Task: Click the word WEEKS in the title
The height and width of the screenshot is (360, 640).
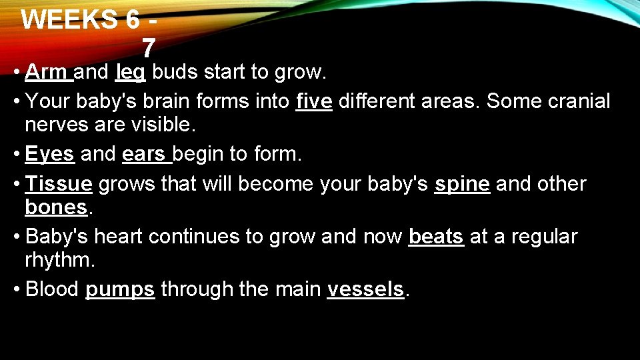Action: click(x=69, y=20)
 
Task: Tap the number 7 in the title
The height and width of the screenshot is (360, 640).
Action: click(x=148, y=48)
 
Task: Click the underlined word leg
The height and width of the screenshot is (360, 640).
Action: click(x=130, y=72)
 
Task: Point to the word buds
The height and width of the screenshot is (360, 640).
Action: click(x=175, y=71)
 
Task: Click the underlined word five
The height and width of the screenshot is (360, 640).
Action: click(x=313, y=101)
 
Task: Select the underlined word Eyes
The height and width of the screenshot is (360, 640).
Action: click(x=49, y=155)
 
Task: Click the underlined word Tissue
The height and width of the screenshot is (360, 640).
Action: click(x=58, y=184)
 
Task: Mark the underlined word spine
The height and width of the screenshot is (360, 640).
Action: click(x=462, y=184)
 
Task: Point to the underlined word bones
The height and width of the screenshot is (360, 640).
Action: click(x=56, y=207)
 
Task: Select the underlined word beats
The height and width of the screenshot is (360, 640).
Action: click(x=436, y=237)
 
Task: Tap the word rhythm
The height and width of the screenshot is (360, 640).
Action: click(x=60, y=260)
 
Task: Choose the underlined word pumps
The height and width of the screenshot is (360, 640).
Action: click(x=120, y=290)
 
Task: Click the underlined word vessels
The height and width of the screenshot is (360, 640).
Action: click(x=365, y=289)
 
